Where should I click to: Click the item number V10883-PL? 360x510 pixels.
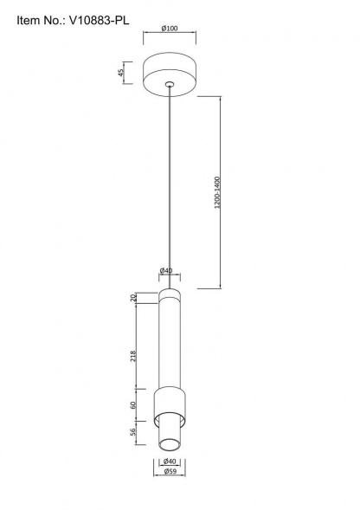(100, 21)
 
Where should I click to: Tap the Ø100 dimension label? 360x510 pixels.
(170, 29)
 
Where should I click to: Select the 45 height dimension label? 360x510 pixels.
(120, 73)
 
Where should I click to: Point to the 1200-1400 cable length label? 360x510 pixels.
(217, 192)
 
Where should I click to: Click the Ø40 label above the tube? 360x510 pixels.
(166, 271)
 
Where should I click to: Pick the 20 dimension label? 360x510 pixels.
(132, 298)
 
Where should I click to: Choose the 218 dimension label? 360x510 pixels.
(132, 357)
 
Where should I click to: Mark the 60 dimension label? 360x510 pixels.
(132, 405)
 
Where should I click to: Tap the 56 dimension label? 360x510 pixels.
(132, 432)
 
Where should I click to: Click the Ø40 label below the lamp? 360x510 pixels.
(170, 462)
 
